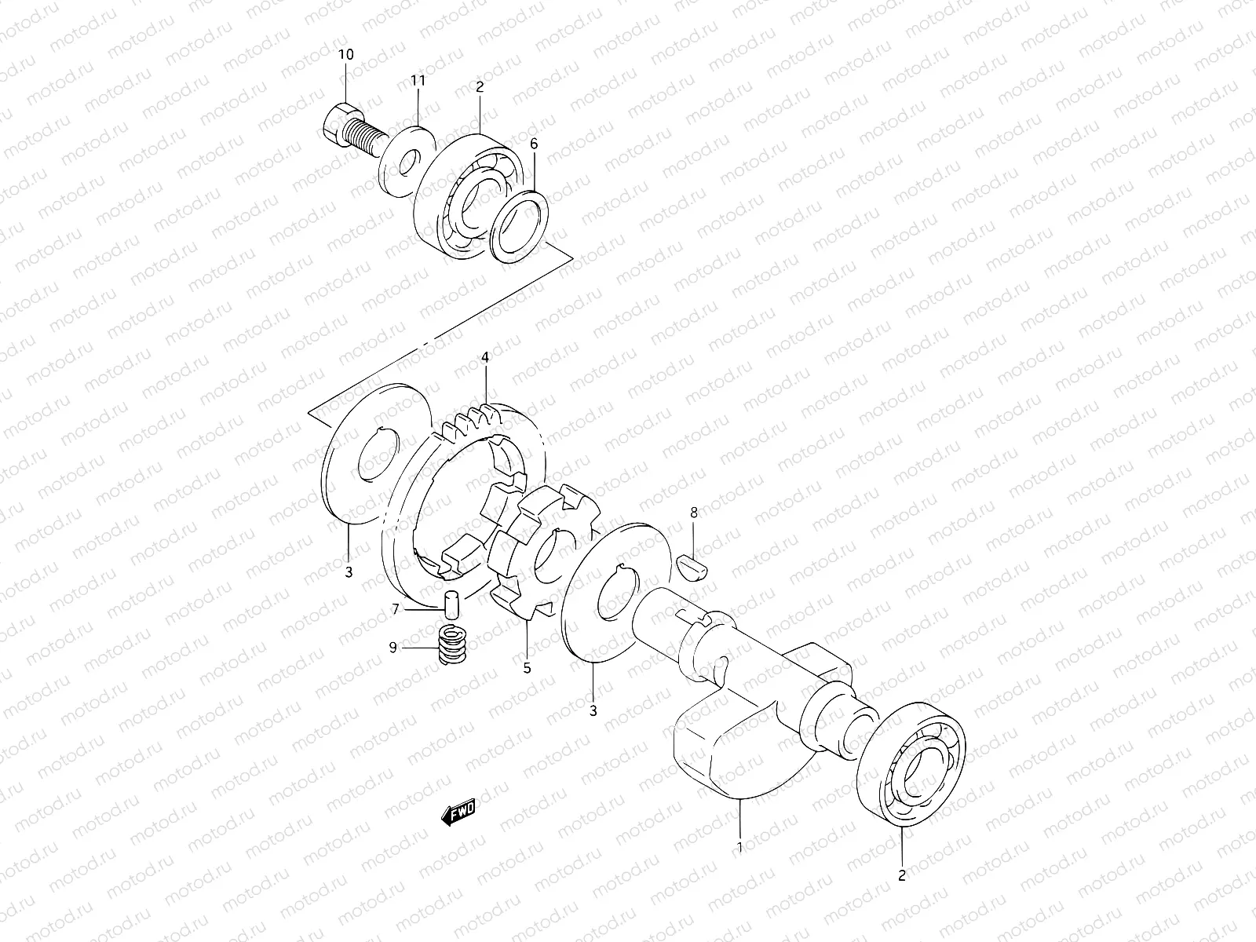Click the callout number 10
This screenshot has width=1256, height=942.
(346, 54)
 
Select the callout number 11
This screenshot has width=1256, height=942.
(418, 80)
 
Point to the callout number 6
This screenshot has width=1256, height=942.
(535, 144)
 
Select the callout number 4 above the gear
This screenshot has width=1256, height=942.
(485, 357)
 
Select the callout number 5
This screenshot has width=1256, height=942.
(527, 668)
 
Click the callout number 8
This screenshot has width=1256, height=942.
(693, 512)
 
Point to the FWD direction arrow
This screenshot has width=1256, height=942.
(458, 814)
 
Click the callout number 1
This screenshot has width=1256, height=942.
(739, 847)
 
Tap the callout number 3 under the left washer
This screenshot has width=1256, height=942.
(349, 572)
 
